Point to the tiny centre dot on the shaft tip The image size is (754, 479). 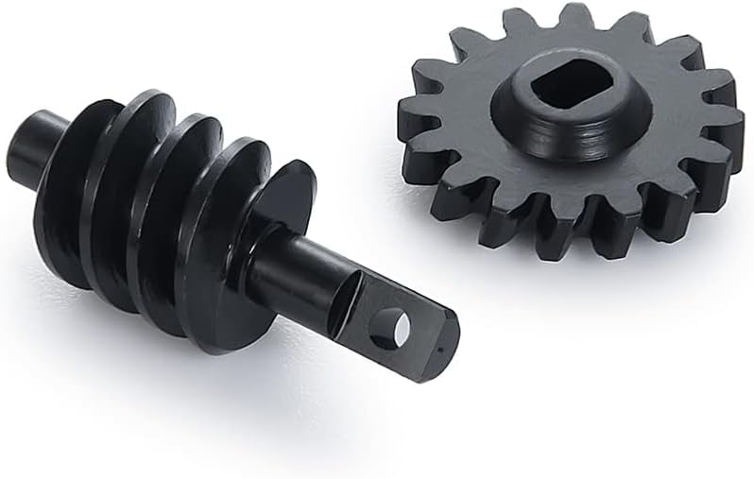[x=441, y=346]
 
